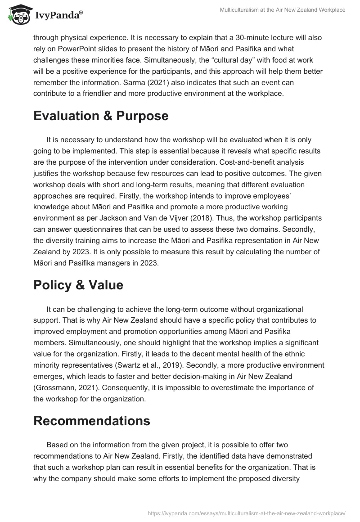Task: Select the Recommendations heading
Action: click(x=91, y=421)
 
